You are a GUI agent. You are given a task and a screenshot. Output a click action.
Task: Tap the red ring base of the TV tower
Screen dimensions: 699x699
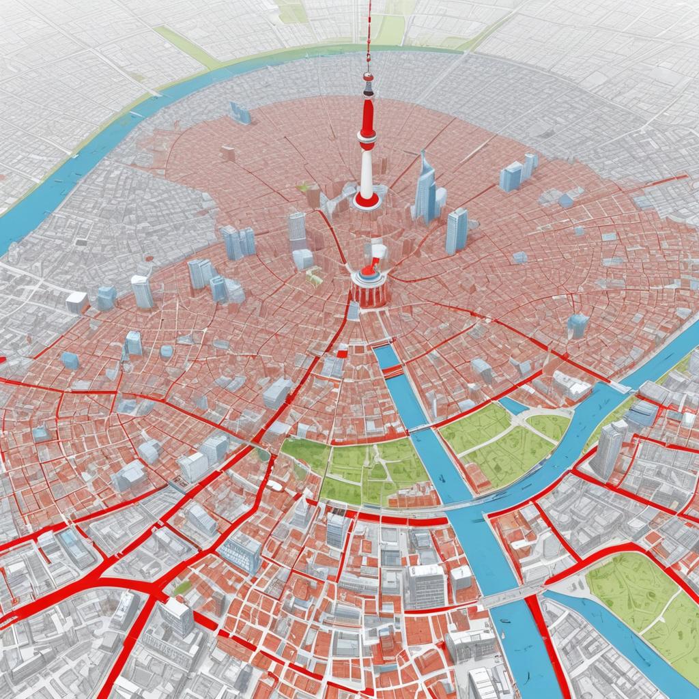click(367, 201)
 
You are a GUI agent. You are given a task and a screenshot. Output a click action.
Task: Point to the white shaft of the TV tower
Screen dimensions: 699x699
click(367, 171)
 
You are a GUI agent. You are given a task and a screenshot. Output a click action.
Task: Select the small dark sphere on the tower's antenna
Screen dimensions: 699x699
click(368, 76)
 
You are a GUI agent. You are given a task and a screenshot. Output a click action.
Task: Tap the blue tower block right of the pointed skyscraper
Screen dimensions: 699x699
click(457, 231)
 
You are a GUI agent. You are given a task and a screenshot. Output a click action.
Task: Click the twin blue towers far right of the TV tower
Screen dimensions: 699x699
click(518, 173)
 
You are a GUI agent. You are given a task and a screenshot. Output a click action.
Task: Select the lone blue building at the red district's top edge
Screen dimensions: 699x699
click(240, 113)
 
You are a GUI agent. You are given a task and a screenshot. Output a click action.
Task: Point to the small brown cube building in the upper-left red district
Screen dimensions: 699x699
click(228, 154)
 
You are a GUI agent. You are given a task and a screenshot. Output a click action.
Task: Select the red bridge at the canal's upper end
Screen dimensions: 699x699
click(392, 371)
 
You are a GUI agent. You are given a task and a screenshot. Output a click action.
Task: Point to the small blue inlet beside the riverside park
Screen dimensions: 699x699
click(513, 406)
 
